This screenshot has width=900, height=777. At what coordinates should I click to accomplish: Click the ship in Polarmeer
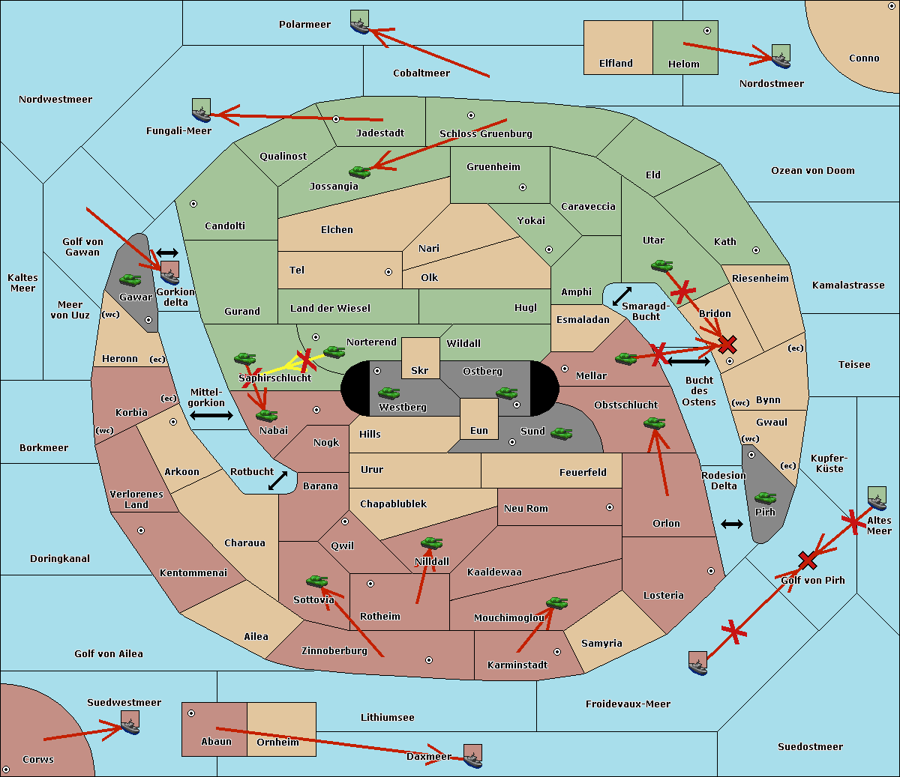(x=360, y=22)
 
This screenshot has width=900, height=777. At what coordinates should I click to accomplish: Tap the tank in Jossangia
(x=360, y=172)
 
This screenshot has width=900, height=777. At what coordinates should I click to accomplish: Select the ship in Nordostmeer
(x=781, y=56)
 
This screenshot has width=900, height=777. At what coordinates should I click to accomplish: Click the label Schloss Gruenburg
(x=485, y=133)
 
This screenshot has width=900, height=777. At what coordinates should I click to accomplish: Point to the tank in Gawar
(x=130, y=280)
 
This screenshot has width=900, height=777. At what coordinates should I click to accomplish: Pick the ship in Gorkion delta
(x=169, y=273)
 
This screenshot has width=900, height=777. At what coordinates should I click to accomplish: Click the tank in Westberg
(x=388, y=393)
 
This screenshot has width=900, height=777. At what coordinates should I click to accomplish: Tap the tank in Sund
(x=561, y=433)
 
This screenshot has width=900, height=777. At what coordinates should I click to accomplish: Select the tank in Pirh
(x=765, y=498)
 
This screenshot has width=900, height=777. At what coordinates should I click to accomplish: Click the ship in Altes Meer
(x=877, y=498)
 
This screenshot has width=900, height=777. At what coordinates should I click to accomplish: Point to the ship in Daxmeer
(x=472, y=756)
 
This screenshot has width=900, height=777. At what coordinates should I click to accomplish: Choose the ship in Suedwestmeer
(x=130, y=722)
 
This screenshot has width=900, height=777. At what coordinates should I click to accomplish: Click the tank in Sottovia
(x=317, y=581)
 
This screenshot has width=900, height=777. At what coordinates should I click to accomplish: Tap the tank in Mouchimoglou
(x=557, y=602)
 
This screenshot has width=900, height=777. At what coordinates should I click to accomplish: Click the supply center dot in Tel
(x=388, y=272)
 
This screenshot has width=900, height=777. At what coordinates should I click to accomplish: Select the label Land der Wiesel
(x=330, y=308)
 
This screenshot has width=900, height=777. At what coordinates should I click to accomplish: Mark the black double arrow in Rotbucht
(x=277, y=481)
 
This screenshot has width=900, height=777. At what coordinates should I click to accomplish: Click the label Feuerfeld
(x=583, y=472)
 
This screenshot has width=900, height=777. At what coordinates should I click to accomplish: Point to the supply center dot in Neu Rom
(x=610, y=507)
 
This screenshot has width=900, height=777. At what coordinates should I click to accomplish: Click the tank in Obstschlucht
(x=655, y=423)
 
